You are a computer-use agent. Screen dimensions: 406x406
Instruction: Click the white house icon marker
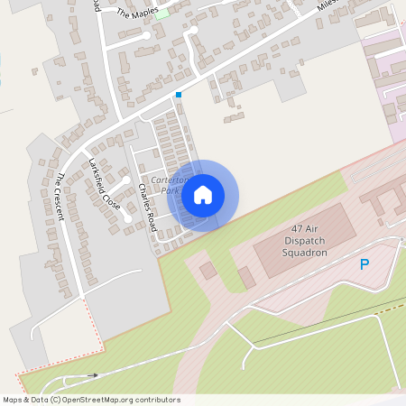tap(203, 195)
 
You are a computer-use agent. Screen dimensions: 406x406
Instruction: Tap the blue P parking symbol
tap(364, 264)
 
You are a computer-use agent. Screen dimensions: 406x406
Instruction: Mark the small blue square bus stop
tap(179, 94)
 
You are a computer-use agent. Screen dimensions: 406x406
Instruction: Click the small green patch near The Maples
tap(161, 14)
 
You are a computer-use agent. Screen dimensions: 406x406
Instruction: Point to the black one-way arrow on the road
tap(93, 374)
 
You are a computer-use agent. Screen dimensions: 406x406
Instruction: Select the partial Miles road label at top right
tap(327, 5)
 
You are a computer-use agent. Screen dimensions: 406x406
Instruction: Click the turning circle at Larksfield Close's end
tap(128, 218)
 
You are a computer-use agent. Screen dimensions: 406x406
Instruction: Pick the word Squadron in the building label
tap(303, 254)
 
